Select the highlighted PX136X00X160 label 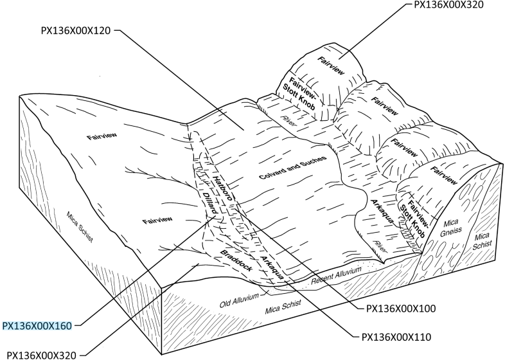[x=36, y=325]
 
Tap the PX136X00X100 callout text [x=401, y=309]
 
